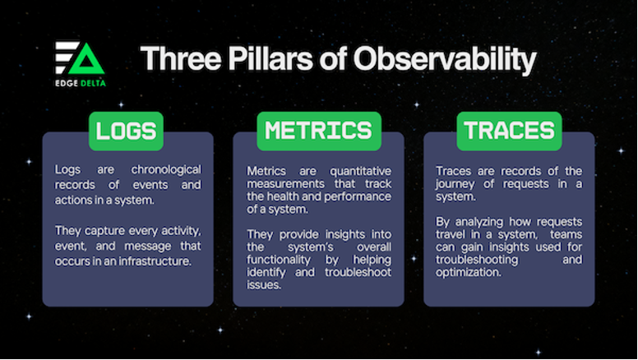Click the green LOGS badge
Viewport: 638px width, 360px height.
[x=126, y=131]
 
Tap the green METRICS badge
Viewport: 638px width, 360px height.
[x=319, y=131]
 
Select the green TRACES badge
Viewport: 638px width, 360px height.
[x=509, y=131]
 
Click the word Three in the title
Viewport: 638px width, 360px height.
[x=181, y=58]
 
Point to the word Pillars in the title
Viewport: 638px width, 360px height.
[x=270, y=58]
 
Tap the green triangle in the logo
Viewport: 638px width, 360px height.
[x=86, y=59]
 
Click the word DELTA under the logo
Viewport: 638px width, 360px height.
[x=93, y=83]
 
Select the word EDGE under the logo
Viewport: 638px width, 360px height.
[x=67, y=83]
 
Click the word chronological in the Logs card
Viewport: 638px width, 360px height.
[x=166, y=169]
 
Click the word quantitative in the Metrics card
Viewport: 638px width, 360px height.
[x=360, y=171]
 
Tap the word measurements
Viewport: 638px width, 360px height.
[x=285, y=184]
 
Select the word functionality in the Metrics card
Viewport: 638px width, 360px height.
[x=279, y=260]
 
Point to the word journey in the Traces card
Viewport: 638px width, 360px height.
[x=455, y=185]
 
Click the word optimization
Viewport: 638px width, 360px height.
[x=469, y=273]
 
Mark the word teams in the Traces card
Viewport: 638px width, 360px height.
[x=566, y=235]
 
